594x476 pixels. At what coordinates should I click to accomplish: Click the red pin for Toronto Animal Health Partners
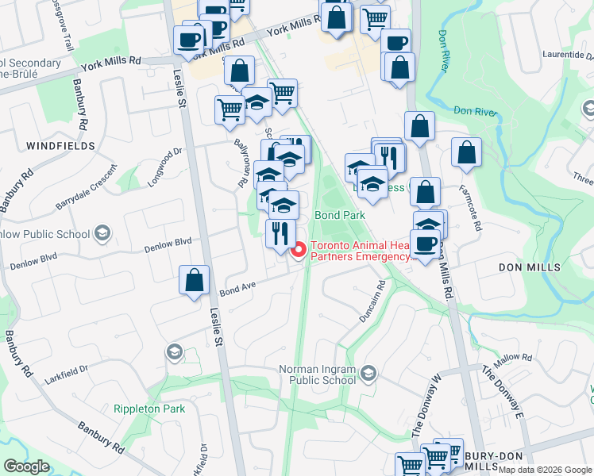[x=299, y=251]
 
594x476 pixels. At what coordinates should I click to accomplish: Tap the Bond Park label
[x=339, y=215]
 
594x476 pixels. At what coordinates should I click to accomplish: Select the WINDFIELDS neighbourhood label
[x=60, y=146]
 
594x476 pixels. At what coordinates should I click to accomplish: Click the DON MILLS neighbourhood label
[x=530, y=268]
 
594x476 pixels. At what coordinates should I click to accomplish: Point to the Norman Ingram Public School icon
[x=368, y=373]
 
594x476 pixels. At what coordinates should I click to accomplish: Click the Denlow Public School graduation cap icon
[x=102, y=233]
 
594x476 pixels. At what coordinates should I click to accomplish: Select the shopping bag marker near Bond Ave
[x=195, y=281]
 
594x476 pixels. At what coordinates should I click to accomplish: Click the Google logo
[x=26, y=466]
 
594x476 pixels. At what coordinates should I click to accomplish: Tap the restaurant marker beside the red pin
[x=280, y=234]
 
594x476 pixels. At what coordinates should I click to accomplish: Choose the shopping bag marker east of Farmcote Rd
[x=467, y=152]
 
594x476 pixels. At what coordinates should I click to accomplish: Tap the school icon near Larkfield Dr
[x=174, y=351]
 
